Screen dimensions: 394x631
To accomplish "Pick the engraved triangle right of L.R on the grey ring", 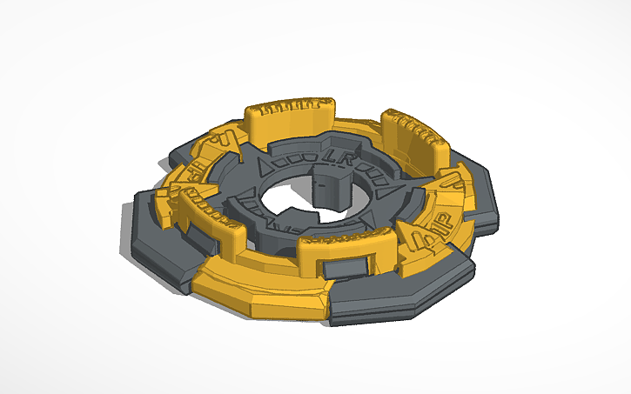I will coord(384,185).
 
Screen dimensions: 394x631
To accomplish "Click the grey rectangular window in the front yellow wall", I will coord(354,265).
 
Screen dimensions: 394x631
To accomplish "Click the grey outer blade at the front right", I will coord(392,296).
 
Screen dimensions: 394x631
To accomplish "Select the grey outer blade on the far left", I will coord(161,239).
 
